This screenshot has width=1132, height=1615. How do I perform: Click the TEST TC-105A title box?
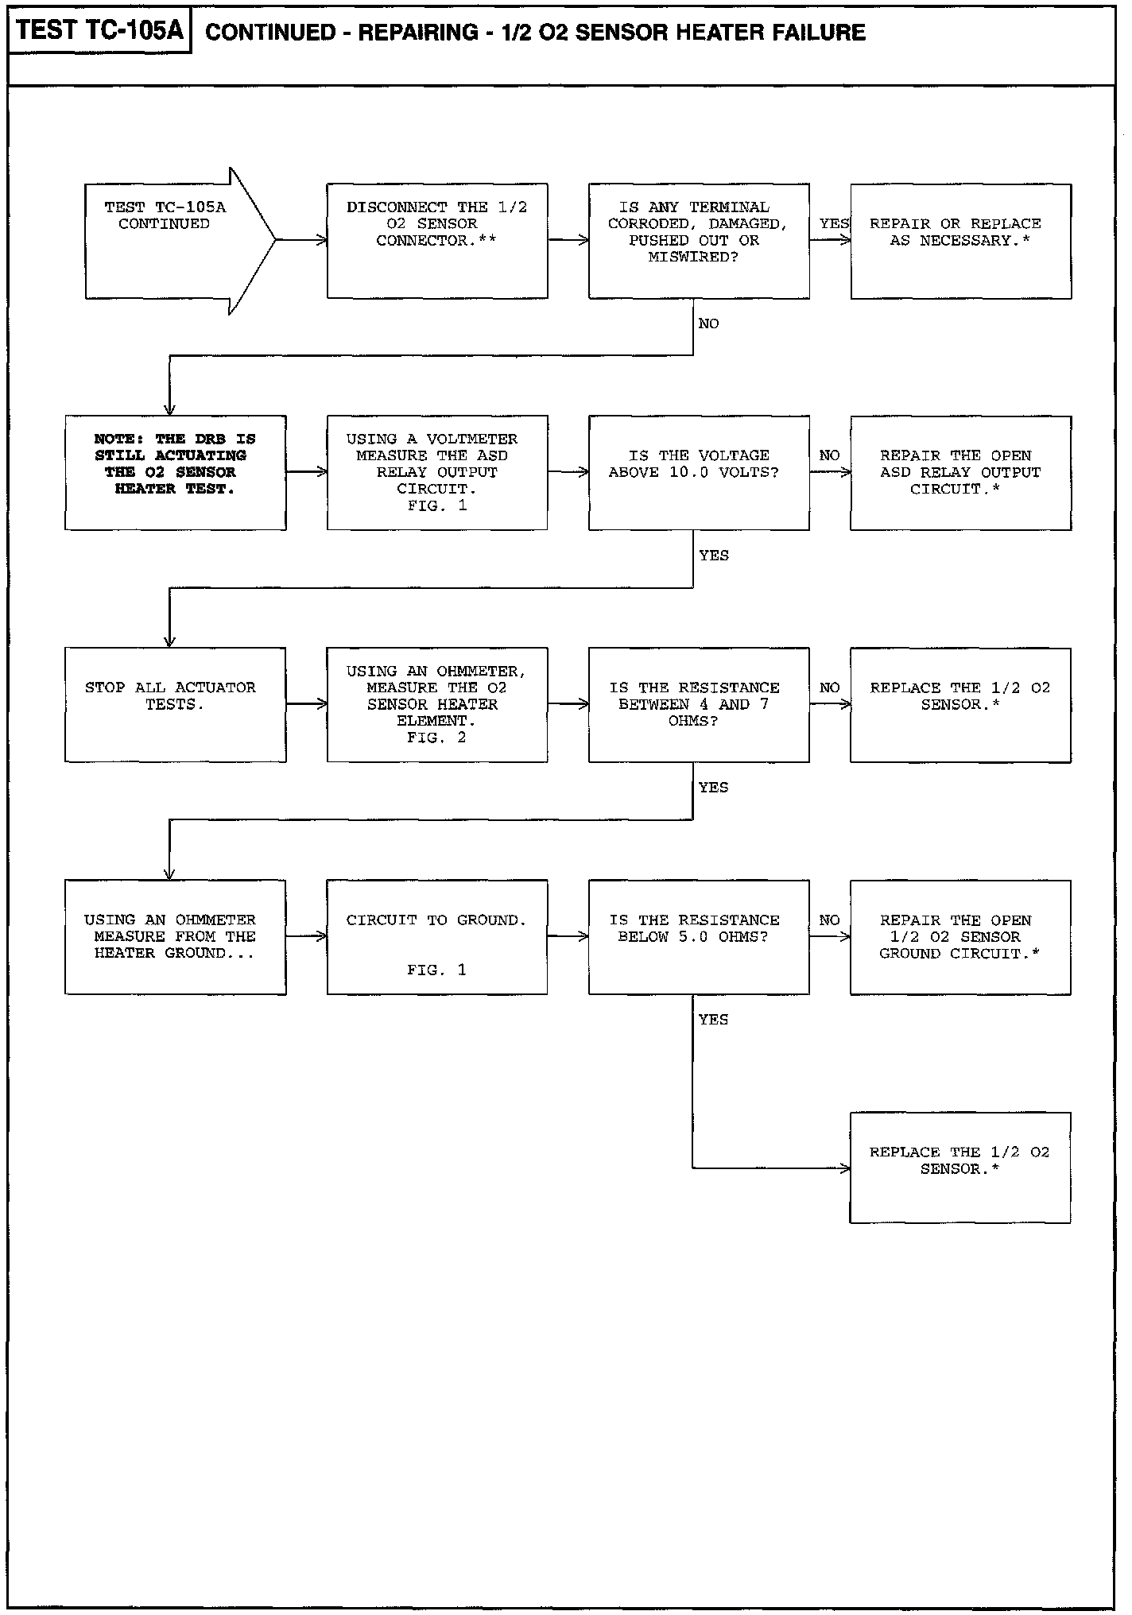(99, 31)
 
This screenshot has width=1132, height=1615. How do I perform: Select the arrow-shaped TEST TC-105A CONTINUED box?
(171, 241)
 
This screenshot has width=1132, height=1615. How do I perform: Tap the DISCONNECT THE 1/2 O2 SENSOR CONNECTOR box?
(437, 241)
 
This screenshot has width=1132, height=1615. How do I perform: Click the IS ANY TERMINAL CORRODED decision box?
(699, 241)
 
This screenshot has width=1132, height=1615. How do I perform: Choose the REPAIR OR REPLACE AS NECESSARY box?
(960, 241)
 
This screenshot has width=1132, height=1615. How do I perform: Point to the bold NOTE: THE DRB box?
(176, 472)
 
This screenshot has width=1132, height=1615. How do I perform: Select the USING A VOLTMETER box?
(437, 472)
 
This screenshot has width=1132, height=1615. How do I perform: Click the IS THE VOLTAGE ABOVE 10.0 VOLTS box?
(699, 472)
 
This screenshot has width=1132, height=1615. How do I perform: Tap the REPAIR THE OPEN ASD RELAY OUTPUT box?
(960, 472)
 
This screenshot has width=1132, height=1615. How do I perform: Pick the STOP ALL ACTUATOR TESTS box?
(176, 704)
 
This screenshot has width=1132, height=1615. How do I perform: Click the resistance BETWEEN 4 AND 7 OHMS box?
(699, 704)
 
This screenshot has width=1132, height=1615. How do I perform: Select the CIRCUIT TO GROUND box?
(437, 936)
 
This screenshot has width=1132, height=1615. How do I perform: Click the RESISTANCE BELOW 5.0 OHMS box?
(699, 936)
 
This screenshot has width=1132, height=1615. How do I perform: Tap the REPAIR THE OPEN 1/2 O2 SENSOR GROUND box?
(960, 936)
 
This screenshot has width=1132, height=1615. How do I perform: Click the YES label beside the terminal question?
(834, 224)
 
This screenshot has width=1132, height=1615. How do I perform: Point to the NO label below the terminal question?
(708, 323)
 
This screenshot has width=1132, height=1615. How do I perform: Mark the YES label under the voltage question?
(714, 556)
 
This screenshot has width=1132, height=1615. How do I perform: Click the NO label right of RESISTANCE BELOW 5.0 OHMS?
(829, 920)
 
